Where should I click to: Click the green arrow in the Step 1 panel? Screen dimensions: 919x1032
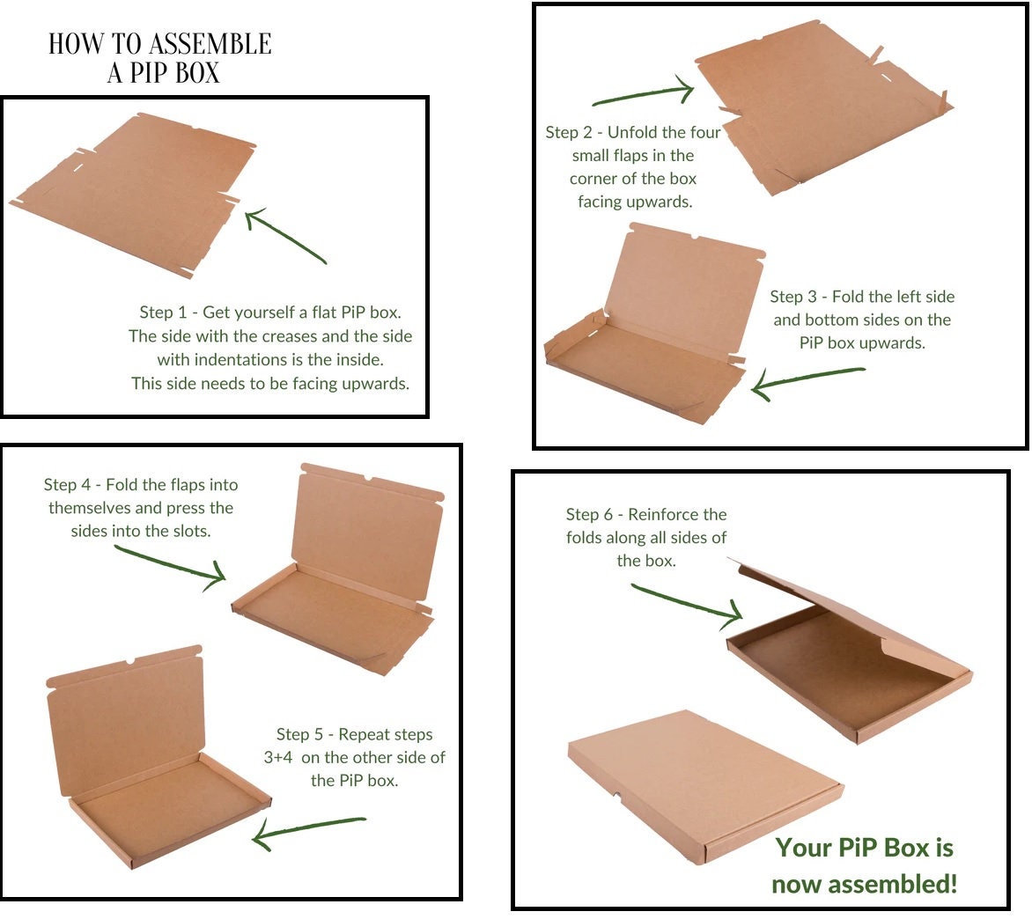coord(286,235)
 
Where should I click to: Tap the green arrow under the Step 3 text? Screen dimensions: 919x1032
coord(806,379)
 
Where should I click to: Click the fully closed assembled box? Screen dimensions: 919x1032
coord(704,783)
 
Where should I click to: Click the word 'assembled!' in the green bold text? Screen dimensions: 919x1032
coord(864,883)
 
